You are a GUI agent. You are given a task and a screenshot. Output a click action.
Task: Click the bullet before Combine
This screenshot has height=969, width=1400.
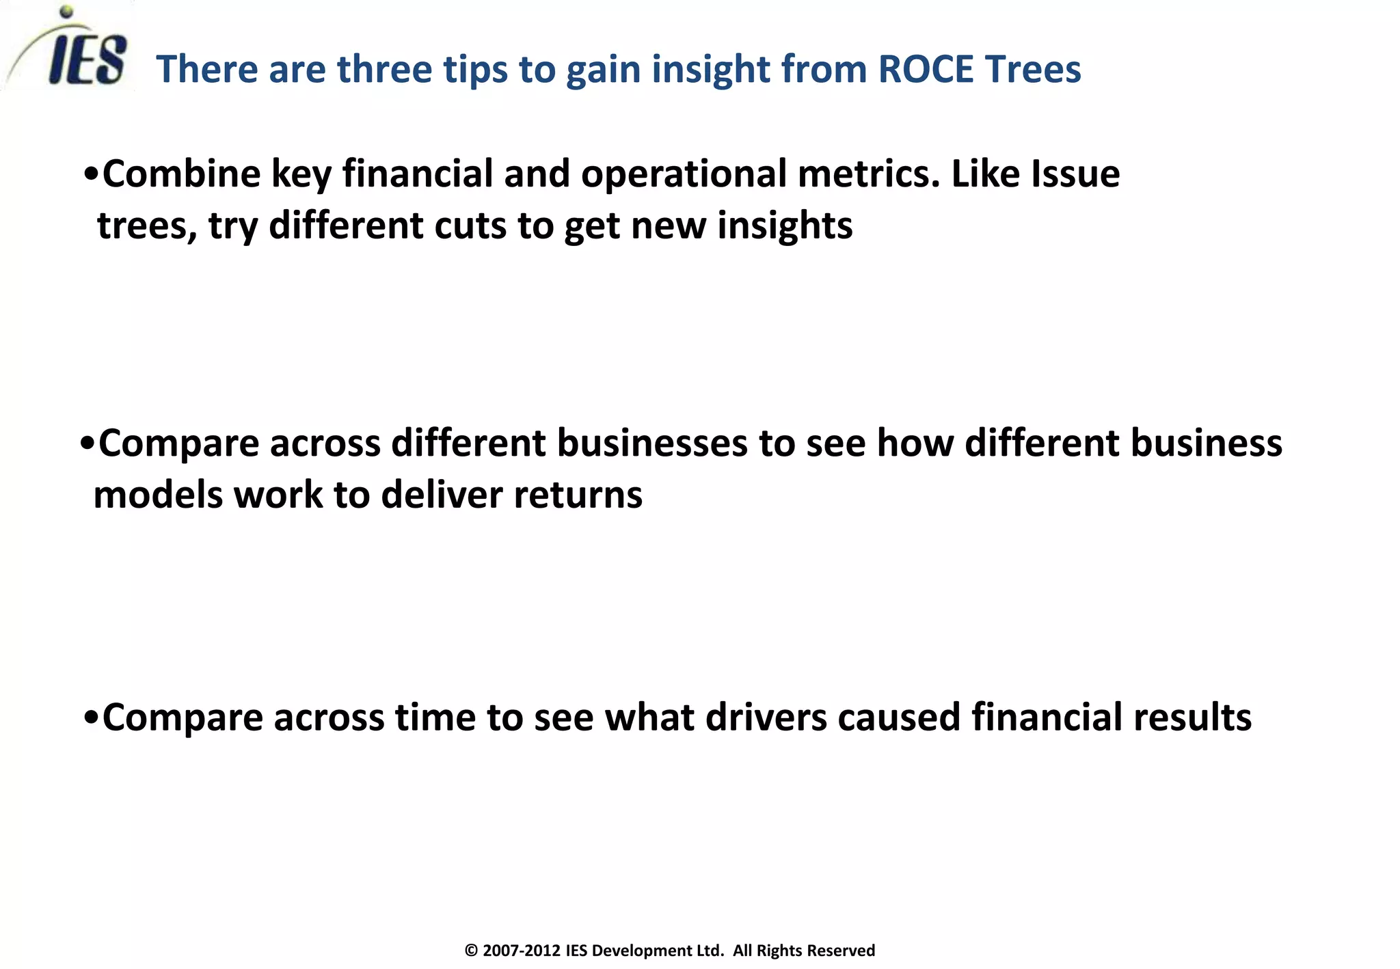(91, 175)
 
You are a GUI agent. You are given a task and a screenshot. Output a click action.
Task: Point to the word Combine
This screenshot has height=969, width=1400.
(181, 174)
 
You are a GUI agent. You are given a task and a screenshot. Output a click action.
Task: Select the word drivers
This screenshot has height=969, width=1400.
(766, 718)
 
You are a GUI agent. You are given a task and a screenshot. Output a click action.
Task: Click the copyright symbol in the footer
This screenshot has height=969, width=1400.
(471, 951)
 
